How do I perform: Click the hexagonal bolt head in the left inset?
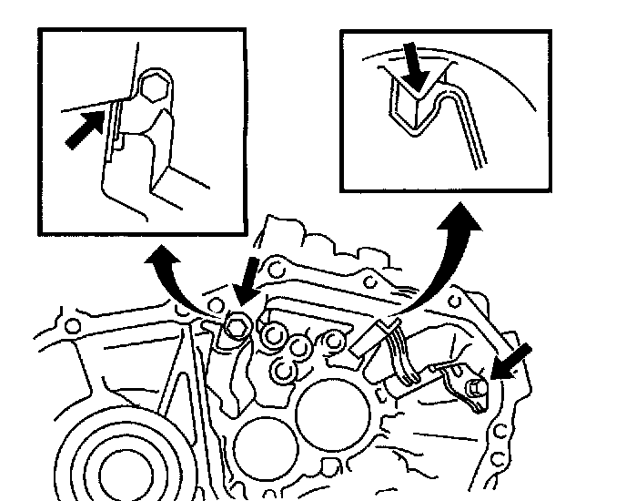(x=155, y=88)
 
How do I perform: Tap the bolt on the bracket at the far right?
(x=473, y=390)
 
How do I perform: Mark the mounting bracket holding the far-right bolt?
(x=455, y=377)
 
